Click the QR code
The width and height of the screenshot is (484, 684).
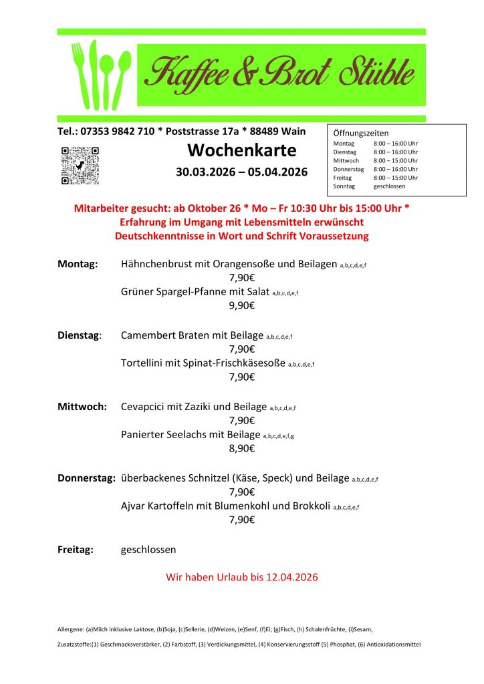[x=80, y=166]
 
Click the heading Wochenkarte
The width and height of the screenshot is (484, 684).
[x=241, y=150]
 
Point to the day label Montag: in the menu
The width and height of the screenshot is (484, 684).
[x=78, y=264]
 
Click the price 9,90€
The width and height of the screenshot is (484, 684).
[x=241, y=305]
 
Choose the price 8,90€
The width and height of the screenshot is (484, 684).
[x=241, y=448]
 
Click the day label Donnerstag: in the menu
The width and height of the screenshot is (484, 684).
[x=86, y=478]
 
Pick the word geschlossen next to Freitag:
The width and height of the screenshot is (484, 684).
[x=148, y=550]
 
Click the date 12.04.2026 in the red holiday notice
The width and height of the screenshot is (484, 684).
[x=289, y=576]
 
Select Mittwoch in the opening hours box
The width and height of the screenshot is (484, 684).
[x=346, y=160]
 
